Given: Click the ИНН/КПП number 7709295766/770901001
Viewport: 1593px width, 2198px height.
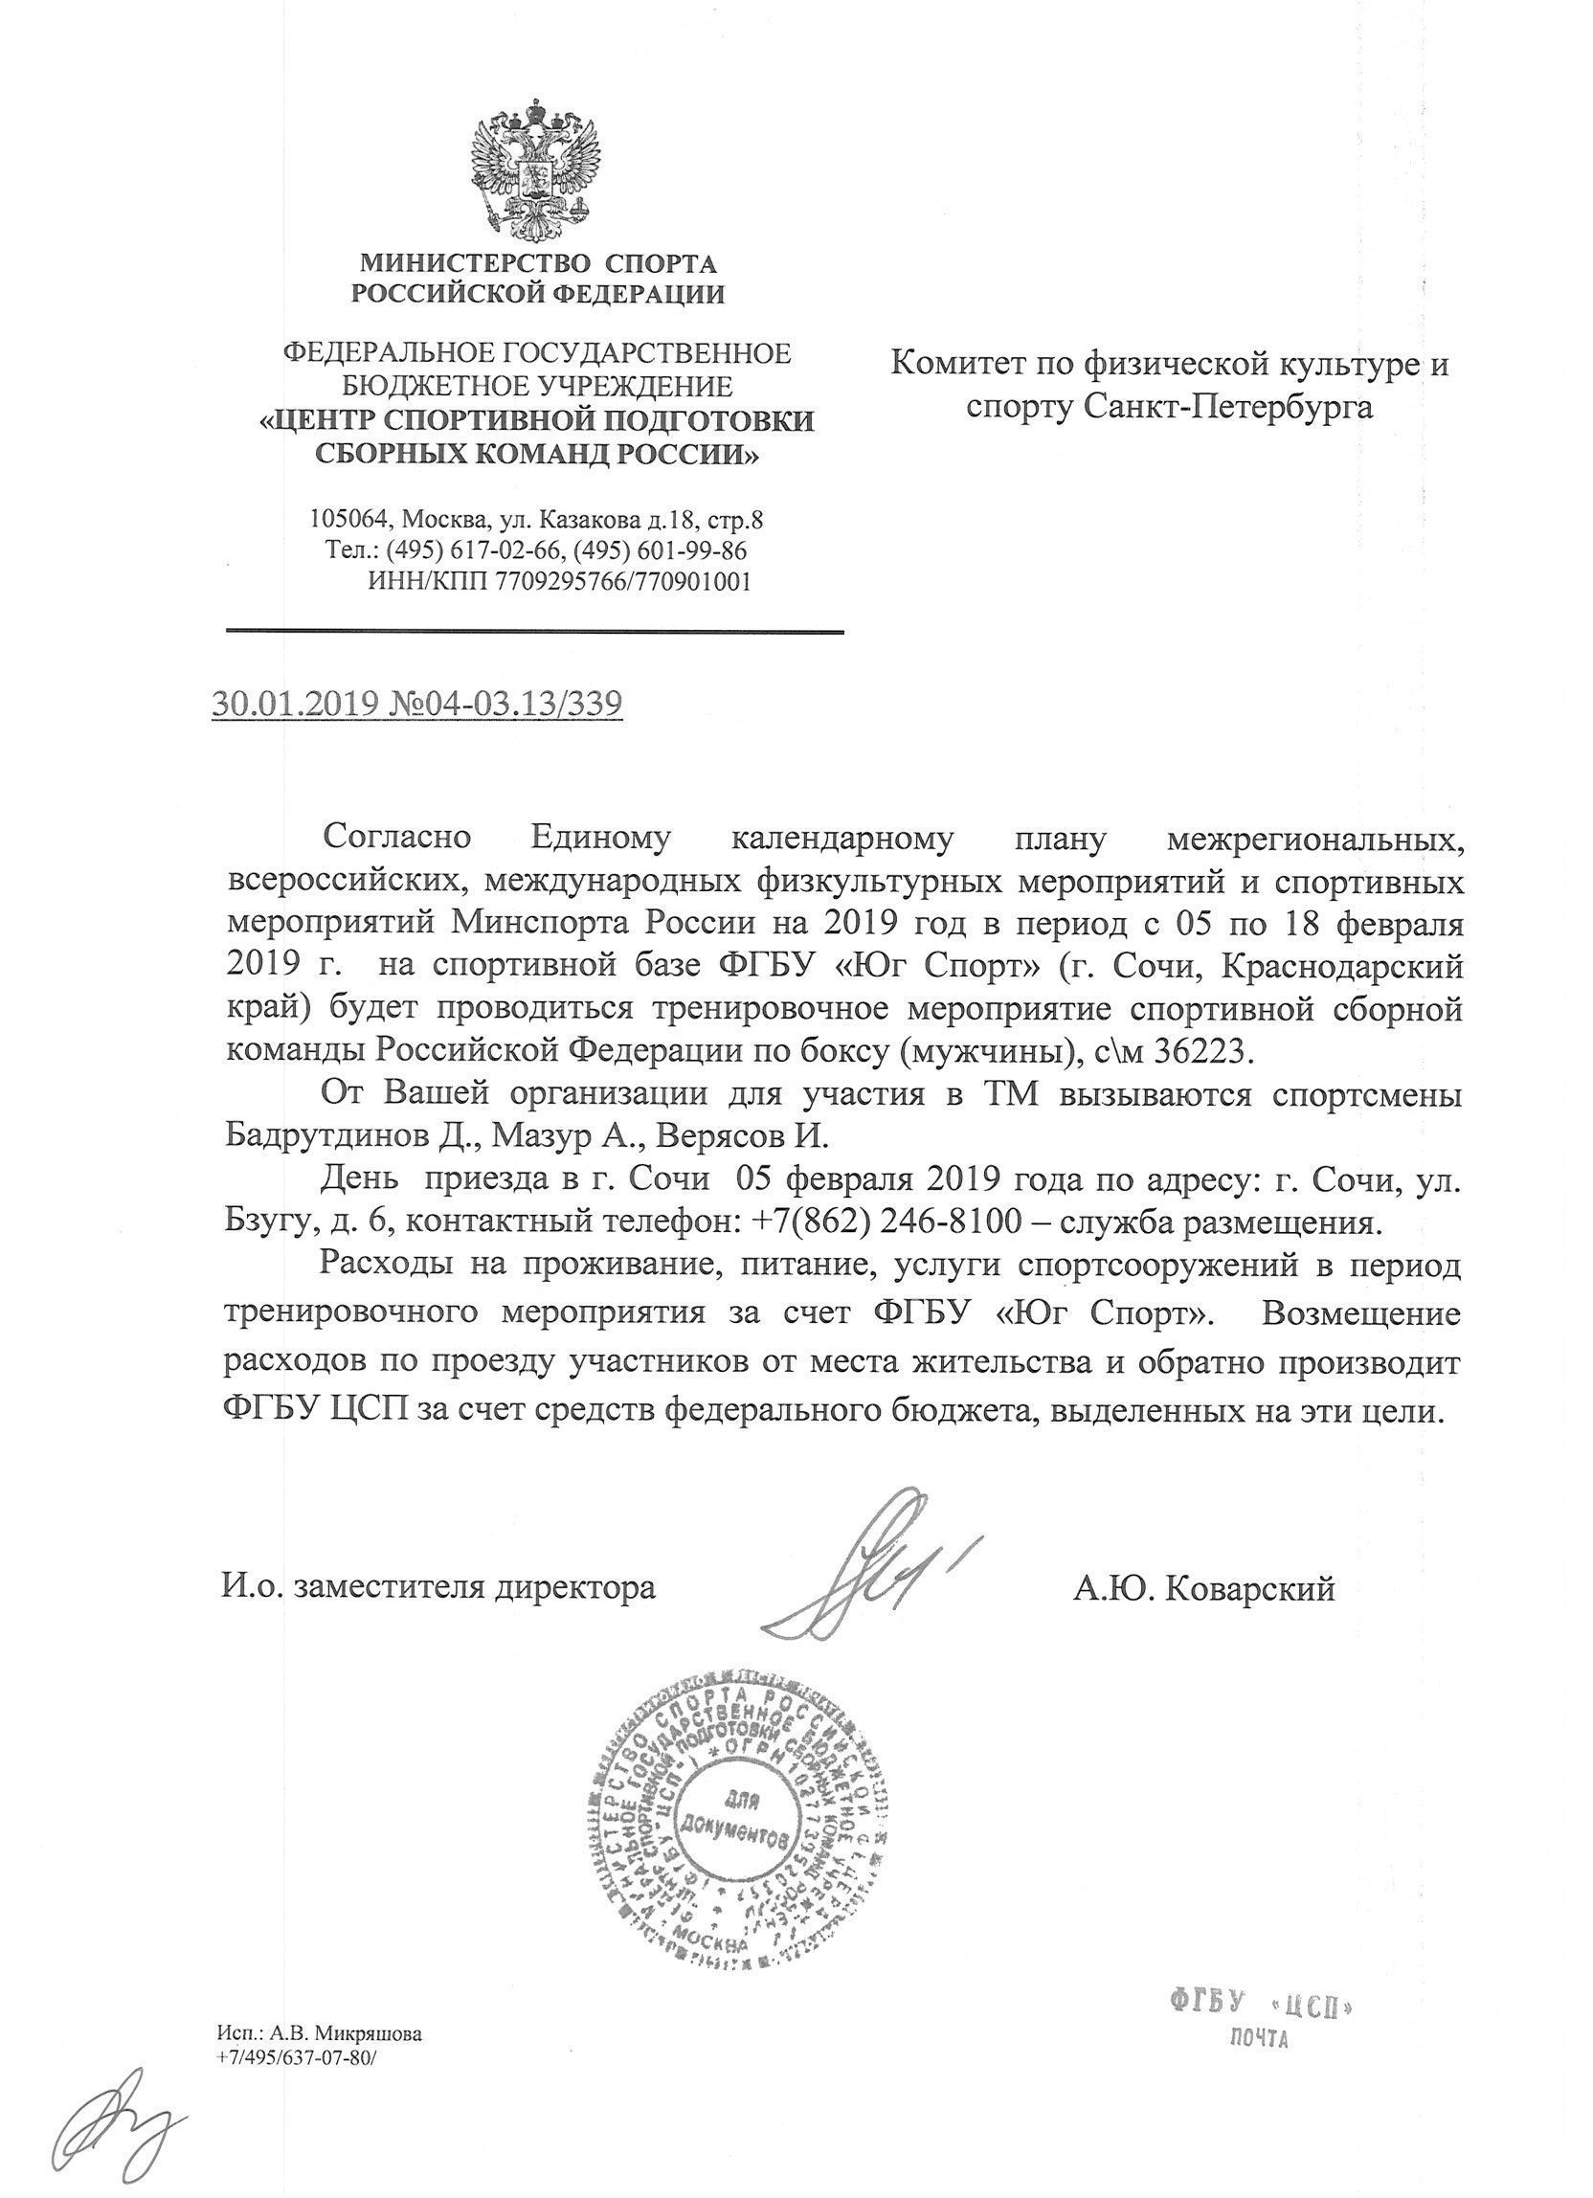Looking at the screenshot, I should (622, 581).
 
